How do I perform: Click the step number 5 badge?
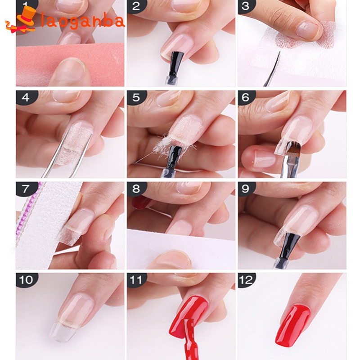click(136, 97)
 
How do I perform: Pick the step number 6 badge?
click(246, 97)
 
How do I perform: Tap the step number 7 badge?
click(26, 189)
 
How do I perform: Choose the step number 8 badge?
click(136, 189)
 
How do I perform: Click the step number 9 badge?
click(246, 189)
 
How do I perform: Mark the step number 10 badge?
click(26, 280)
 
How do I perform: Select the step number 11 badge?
click(136, 280)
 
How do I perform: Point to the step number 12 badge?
click(246, 280)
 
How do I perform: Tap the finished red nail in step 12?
click(293, 326)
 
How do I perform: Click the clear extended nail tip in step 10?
click(62, 331)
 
